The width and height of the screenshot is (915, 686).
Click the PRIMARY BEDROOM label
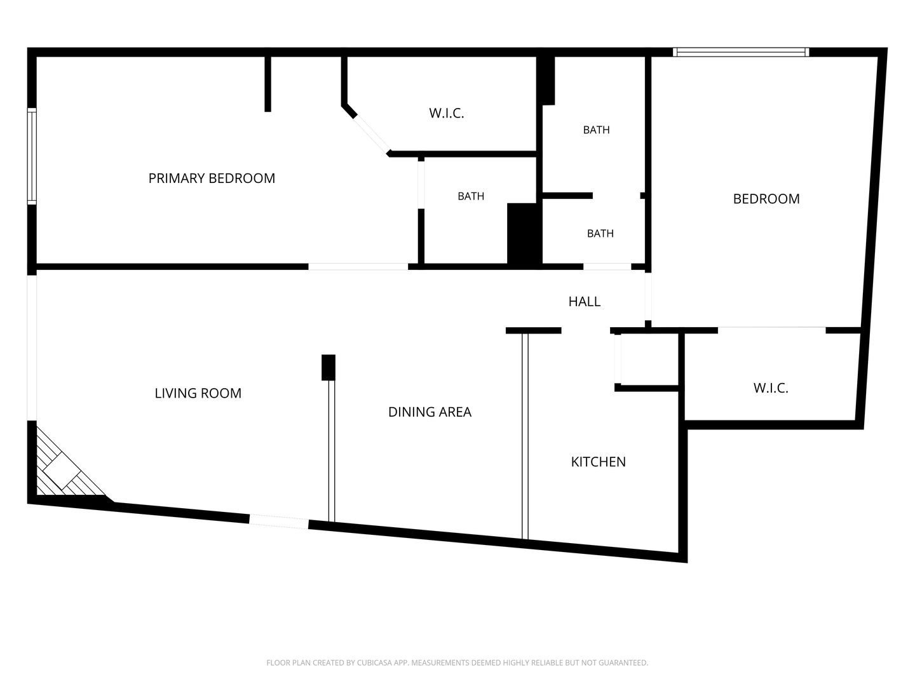[212, 178]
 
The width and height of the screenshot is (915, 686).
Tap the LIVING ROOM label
[198, 393]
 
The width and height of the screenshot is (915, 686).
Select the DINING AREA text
[430, 412]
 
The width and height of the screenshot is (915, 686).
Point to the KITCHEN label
[598, 462]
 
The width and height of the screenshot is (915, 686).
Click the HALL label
[585, 302]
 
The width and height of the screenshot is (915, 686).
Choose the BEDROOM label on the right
[766, 199]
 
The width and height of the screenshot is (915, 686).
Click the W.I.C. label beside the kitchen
[771, 388]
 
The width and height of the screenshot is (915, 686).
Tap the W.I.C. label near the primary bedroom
[447, 113]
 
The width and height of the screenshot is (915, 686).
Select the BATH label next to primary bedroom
[471, 196]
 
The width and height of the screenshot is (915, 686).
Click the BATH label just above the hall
[600, 233]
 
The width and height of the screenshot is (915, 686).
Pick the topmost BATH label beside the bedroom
[596, 130]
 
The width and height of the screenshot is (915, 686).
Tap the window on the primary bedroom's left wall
[32, 156]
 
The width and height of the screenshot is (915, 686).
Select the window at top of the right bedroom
[741, 52]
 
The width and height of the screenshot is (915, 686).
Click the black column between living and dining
[329, 367]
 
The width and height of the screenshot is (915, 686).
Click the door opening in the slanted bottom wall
[279, 521]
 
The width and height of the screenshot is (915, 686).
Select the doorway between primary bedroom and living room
[358, 267]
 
